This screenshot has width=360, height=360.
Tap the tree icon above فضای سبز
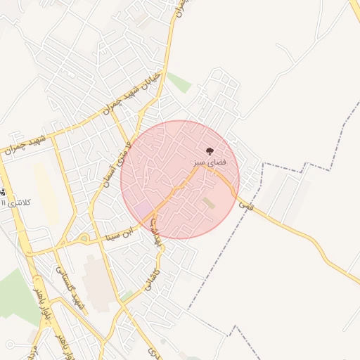pos(209,150)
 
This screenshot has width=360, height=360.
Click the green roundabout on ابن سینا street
pos(84,238)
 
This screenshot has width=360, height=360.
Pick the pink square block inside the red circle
pos(143,210)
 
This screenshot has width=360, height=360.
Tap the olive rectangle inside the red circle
pos(208,203)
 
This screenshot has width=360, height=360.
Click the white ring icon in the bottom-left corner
pos(10,344)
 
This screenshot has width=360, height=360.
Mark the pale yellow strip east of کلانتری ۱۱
pos(46,193)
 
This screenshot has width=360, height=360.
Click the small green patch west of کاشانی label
pos(127,296)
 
